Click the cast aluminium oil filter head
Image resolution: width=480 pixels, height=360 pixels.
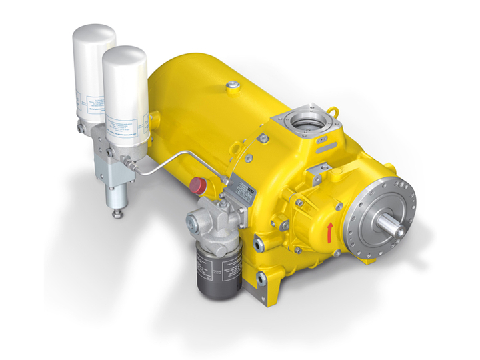pos(210,219)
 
